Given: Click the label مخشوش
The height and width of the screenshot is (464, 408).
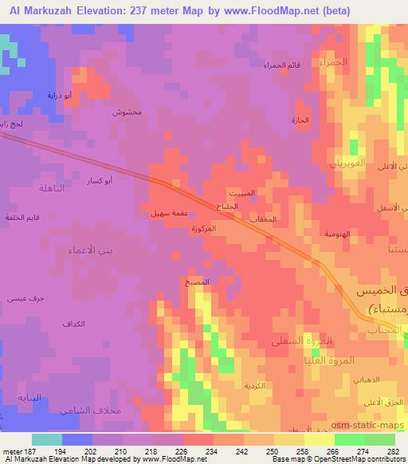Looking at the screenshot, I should tap(127, 112).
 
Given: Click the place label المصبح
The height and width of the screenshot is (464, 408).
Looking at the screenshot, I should tap(197, 282).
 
